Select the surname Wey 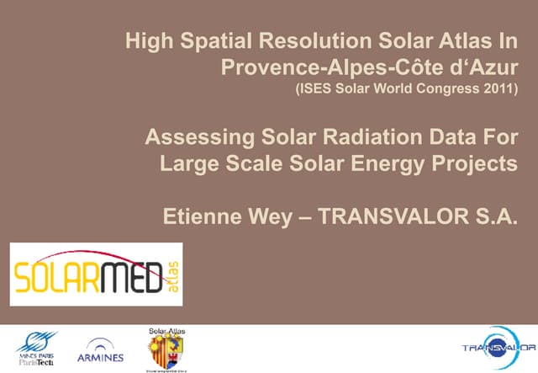pyautogui.click(x=271, y=217)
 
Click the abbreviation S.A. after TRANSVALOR pyautogui.click(x=493, y=217)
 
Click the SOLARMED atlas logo pyautogui.click(x=96, y=274)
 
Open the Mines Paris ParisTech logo pyautogui.click(x=36, y=347)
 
